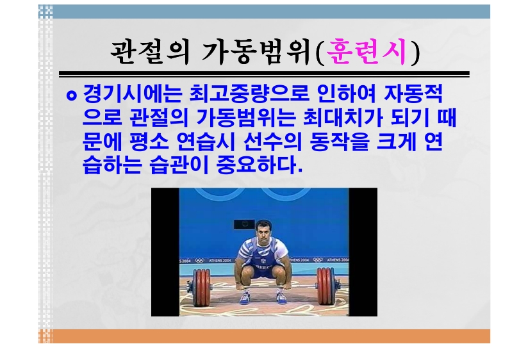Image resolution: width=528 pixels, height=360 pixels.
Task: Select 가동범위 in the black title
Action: [256, 52]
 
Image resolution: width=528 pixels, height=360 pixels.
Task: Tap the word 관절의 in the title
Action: [150, 52]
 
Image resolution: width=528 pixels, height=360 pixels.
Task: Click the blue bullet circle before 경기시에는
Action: [71, 95]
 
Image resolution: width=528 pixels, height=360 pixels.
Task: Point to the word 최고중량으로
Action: [249, 94]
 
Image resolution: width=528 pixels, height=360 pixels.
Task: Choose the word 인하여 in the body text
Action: [346, 94]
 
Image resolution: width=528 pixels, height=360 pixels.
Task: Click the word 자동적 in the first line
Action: [413, 94]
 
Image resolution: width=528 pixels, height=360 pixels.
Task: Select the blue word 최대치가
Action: [343, 117]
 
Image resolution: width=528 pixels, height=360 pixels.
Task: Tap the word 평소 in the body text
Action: [149, 142]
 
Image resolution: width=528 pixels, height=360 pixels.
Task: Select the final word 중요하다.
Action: [260, 165]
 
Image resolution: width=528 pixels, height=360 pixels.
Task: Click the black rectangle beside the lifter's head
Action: [243, 224]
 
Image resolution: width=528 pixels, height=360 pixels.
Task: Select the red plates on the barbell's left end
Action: [201, 287]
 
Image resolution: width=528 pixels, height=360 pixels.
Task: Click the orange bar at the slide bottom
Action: [264, 336]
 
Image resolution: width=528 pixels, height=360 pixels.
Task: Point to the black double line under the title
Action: [264, 74]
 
